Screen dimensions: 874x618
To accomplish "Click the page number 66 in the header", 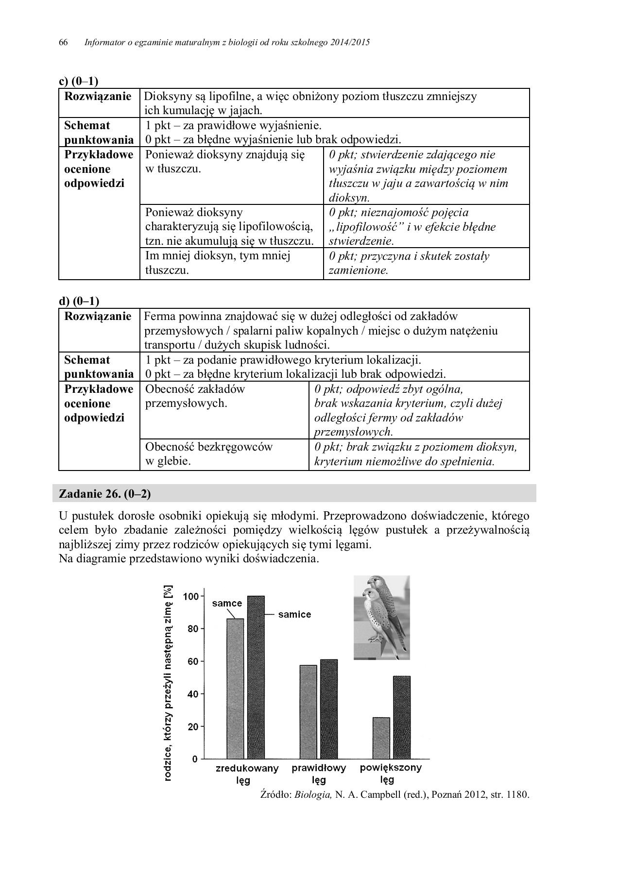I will coord(63,42).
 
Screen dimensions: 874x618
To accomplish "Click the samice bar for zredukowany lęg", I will coord(256,677).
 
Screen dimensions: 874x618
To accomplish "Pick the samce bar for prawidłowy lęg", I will coord(308,711).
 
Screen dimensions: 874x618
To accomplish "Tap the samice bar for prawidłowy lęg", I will coord(329,708).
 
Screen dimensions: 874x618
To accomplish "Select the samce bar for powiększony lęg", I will coord(381,738).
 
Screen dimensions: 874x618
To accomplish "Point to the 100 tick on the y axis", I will coord(191,596).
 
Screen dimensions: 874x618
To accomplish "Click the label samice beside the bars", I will coord(294,614).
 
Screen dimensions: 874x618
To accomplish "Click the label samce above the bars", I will coord(227,603).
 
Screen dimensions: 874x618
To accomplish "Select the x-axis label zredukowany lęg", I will coord(247,774).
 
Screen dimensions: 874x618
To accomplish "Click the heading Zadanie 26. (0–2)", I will coord(104,494).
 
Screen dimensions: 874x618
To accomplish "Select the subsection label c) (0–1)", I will coord(78,81).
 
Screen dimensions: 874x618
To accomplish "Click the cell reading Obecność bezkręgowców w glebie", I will coord(209,454).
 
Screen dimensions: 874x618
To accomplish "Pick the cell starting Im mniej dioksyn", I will coord(218,263).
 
